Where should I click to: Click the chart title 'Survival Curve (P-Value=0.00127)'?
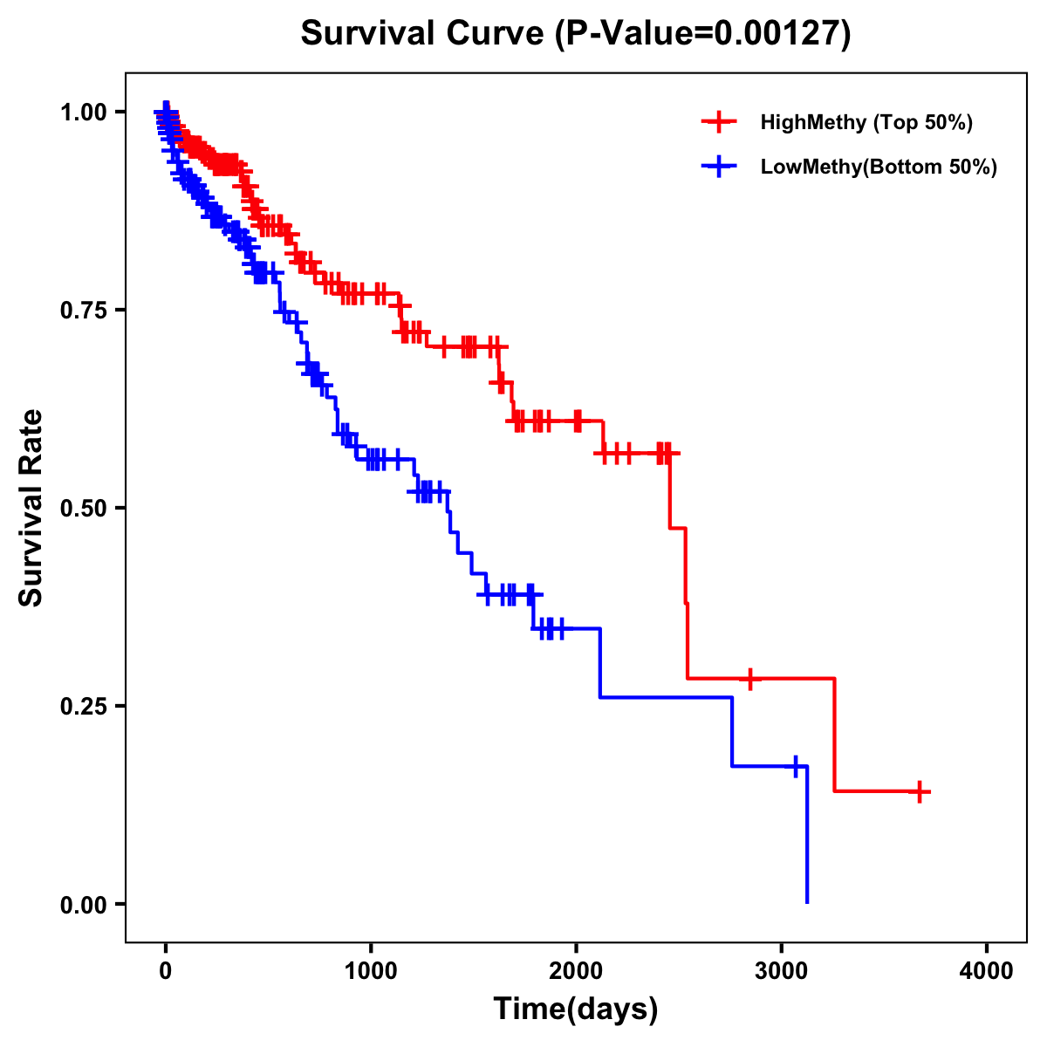(x=575, y=34)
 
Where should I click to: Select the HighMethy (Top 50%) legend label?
(x=866, y=122)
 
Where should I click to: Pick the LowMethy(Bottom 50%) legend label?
(x=879, y=167)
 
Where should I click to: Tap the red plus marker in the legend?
(x=718, y=122)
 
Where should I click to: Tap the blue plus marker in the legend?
(x=718, y=167)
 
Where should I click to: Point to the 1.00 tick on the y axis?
(x=83, y=112)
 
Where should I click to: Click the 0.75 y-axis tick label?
(x=83, y=310)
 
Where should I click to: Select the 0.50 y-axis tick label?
(x=83, y=508)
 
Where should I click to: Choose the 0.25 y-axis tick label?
(x=83, y=706)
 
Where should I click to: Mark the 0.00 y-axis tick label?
(x=83, y=904)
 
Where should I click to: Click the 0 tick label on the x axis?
(x=165, y=971)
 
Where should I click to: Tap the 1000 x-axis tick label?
(x=371, y=971)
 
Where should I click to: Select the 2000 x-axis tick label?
(x=576, y=971)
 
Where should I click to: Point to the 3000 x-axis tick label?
(x=782, y=971)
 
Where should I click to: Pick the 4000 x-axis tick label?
(x=987, y=971)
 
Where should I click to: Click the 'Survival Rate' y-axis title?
(x=32, y=508)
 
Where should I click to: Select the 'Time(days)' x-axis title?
(x=576, y=1009)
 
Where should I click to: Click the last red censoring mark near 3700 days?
(x=920, y=791)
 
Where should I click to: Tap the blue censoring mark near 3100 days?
(x=795, y=766)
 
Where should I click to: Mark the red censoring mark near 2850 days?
(x=749, y=678)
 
